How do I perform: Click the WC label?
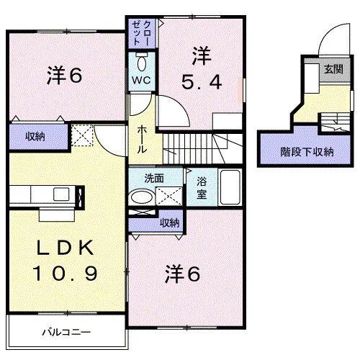(x=141, y=80)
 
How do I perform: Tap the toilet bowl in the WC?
(x=142, y=63)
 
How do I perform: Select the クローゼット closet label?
(x=142, y=33)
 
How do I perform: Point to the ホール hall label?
(x=142, y=140)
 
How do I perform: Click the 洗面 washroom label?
(x=154, y=179)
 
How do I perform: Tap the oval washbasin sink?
(x=142, y=197)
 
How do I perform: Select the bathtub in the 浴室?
(x=230, y=187)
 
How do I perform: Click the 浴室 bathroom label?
(x=202, y=188)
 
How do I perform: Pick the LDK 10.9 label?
(x=65, y=261)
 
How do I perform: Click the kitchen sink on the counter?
(x=61, y=194)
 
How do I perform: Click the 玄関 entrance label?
(x=333, y=69)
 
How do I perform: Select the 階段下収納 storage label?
(x=307, y=152)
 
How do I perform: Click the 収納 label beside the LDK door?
(x=35, y=137)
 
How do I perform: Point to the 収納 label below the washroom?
(x=170, y=223)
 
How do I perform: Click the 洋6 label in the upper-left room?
(x=64, y=75)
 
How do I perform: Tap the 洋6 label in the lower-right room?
(x=182, y=274)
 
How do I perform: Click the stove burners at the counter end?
(x=80, y=197)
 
